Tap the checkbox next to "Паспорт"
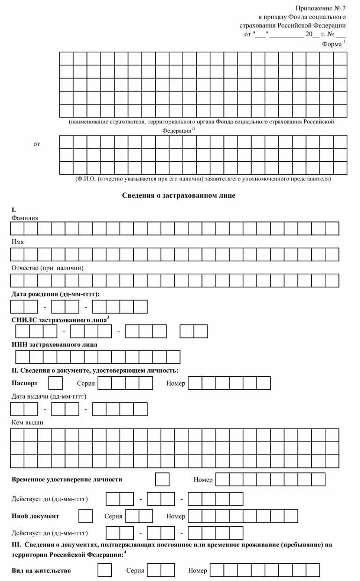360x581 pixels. tap(56, 383)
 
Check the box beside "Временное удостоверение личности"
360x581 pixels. tap(162, 480)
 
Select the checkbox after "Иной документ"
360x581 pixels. tap(86, 516)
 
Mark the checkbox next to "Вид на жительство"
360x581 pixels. tap(105, 570)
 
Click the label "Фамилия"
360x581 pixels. tap(25, 218)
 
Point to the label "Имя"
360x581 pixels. tap(18, 242)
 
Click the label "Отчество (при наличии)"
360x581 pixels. tap(47, 268)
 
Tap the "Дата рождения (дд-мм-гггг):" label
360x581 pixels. tap(56, 294)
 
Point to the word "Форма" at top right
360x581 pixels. tap(332, 44)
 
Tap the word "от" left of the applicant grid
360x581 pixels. tap(36, 144)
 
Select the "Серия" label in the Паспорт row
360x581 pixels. tap(86, 384)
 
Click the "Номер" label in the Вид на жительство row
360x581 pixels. tap(197, 571)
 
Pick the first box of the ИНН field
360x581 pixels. tap(23, 357)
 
